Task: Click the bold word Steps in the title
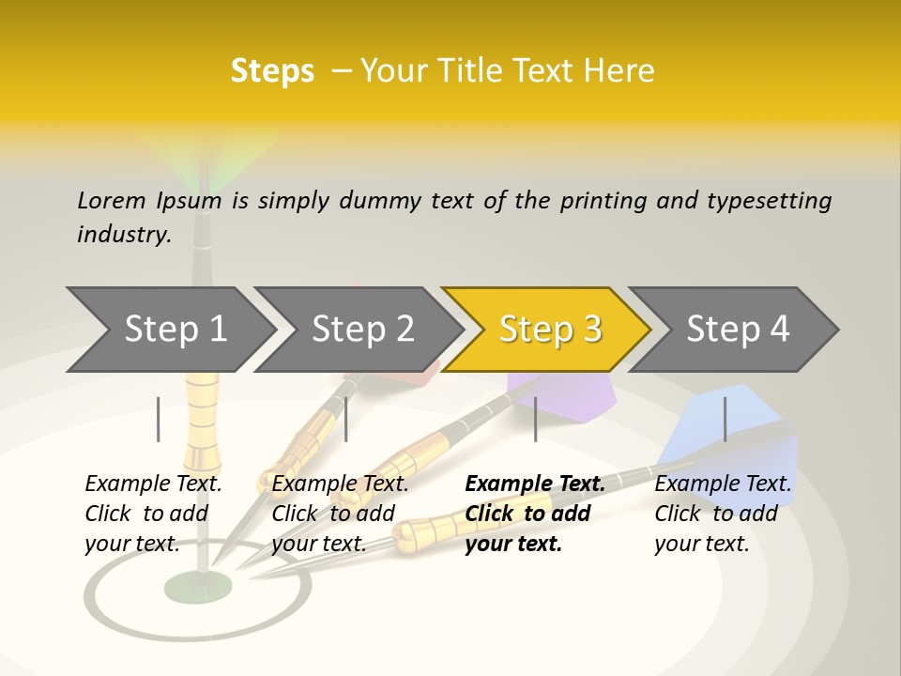pos(272,71)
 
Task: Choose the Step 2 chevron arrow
pos(362,330)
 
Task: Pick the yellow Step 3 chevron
pos(549,330)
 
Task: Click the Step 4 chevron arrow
pos(738,330)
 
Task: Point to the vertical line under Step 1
pos(159,419)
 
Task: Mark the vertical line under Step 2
pos(346,419)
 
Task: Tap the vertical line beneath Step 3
pos(535,419)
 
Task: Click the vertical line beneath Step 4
pos(725,419)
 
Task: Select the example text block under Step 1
pos(153,514)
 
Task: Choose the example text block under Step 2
pos(340,514)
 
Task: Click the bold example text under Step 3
pos(534,514)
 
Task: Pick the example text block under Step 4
pos(723,514)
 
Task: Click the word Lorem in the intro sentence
pos(112,200)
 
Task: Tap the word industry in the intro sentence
pos(123,235)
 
